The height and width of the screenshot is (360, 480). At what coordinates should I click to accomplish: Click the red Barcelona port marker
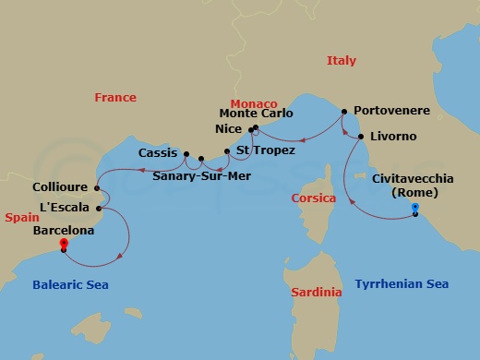click(64, 244)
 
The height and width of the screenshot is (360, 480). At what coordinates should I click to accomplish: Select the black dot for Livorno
click(360, 137)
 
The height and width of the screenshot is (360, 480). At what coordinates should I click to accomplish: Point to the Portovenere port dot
click(343, 112)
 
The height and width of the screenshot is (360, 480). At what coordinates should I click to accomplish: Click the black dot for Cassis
click(186, 154)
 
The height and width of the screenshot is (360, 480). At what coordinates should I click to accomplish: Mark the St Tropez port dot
click(226, 150)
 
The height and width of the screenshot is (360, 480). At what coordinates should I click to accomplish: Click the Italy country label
click(341, 61)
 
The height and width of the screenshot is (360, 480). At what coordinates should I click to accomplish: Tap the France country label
click(115, 97)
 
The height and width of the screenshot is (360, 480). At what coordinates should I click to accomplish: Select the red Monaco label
click(253, 103)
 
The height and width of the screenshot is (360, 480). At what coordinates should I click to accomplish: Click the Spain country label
click(20, 218)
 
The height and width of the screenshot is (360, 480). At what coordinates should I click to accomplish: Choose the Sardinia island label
click(316, 293)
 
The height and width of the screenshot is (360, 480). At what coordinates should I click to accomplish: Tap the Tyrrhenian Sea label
click(402, 284)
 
